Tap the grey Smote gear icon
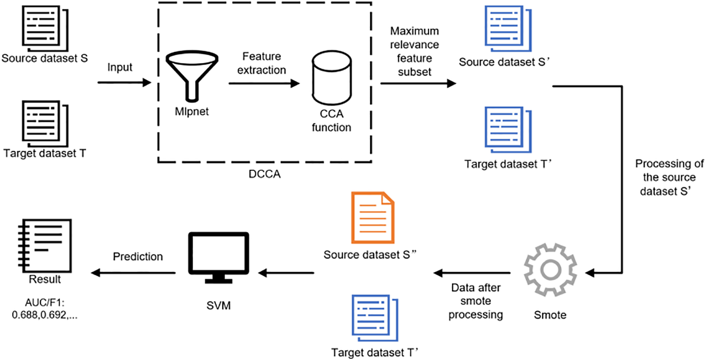550,269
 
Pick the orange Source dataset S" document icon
373,218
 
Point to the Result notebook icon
45,246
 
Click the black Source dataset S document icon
45,28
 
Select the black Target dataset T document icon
45,123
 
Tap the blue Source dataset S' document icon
508,29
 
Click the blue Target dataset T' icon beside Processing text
508,130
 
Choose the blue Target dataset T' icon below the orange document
375,318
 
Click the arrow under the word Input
124,83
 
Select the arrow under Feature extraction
264,83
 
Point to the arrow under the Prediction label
134,273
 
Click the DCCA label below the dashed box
264,174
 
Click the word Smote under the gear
550,315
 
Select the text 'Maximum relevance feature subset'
414,51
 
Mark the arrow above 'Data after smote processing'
472,273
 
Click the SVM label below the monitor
218,306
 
